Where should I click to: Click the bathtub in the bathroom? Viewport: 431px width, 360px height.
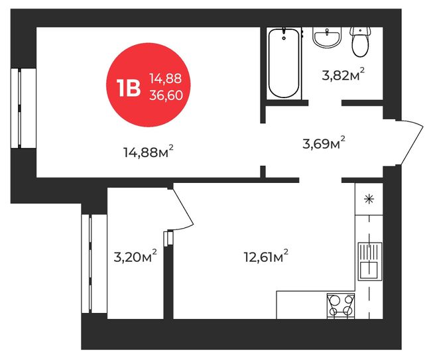click(x=284, y=63)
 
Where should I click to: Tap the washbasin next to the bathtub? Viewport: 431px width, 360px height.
click(x=327, y=37)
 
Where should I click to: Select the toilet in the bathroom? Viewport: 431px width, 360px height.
click(x=360, y=42)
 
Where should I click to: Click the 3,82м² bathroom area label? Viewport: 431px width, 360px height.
click(x=343, y=75)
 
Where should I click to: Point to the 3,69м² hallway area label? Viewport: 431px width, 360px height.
click(x=324, y=143)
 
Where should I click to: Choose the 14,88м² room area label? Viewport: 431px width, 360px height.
click(x=149, y=152)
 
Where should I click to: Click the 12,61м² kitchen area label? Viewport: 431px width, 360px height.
click(x=266, y=257)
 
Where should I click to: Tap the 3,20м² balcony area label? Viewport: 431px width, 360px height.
click(x=135, y=257)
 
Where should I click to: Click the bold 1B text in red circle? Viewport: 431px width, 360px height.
click(x=129, y=88)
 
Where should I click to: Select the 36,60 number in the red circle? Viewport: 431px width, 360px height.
click(x=166, y=95)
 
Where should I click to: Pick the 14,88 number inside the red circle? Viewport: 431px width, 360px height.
click(x=166, y=79)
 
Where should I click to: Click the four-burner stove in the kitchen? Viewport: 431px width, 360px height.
click(x=341, y=306)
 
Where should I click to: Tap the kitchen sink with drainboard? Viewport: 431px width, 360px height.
click(x=370, y=261)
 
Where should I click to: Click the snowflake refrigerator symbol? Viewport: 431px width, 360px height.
click(x=369, y=199)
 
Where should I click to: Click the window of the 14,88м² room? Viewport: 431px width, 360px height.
click(x=23, y=108)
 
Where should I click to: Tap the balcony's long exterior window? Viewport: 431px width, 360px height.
click(x=94, y=264)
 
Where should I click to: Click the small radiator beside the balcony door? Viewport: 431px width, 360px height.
click(x=168, y=238)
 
